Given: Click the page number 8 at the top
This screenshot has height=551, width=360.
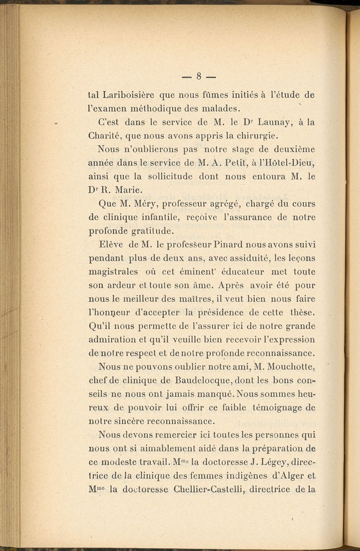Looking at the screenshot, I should click(198, 75).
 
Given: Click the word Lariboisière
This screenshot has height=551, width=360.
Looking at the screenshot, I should click(128, 95).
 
